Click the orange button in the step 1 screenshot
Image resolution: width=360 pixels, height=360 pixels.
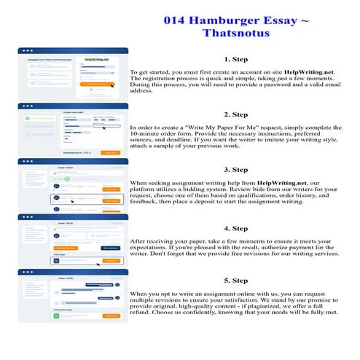point(97,85)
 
